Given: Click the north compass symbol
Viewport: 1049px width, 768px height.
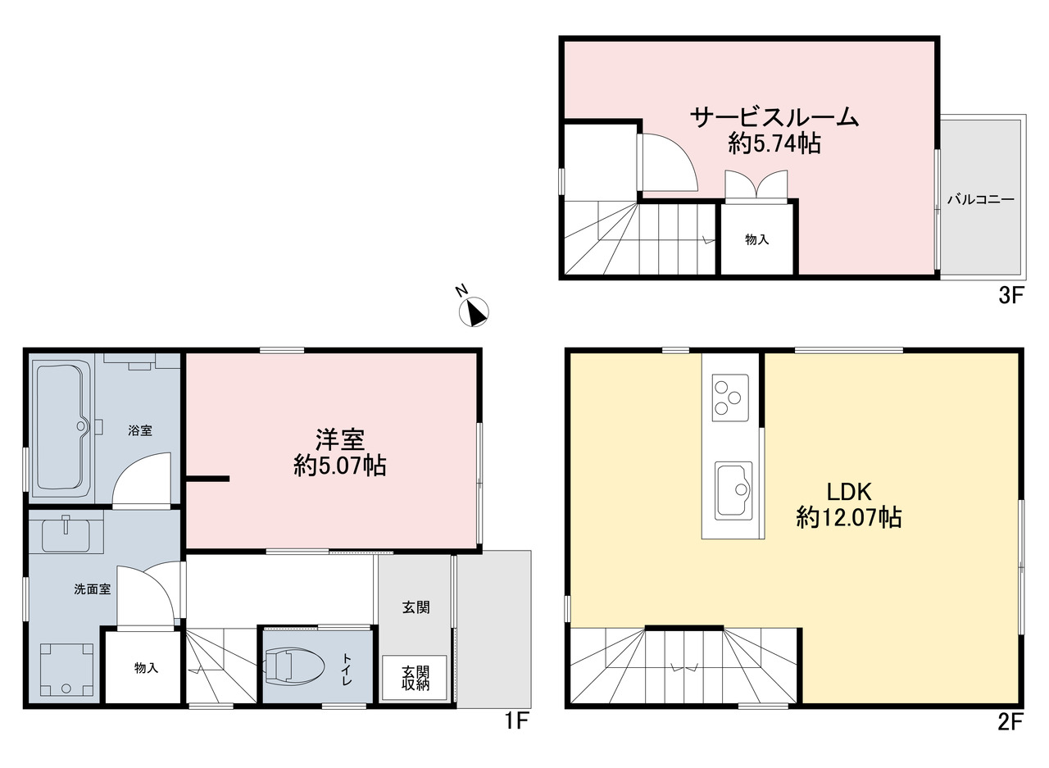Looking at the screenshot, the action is tap(474, 311).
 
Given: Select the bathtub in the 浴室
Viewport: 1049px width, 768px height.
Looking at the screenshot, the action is tap(62, 426).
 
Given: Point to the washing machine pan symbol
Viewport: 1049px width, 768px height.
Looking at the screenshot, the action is tap(66, 670).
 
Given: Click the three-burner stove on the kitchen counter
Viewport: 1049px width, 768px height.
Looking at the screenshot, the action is tap(730, 398).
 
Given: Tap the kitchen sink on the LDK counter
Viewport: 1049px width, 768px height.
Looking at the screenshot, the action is tap(733, 491).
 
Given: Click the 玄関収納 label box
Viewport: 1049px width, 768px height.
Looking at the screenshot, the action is tap(415, 678).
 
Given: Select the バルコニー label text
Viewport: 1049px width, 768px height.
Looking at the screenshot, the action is tap(981, 199).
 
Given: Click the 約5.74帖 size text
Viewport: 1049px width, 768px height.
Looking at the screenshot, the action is tap(774, 143).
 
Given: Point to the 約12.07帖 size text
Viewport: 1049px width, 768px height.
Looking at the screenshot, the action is tap(848, 517).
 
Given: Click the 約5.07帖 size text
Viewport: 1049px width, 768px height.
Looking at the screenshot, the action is tap(340, 466).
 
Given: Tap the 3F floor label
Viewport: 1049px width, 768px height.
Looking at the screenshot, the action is tap(1011, 296).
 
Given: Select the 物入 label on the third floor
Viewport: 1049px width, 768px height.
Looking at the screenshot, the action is tap(756, 239).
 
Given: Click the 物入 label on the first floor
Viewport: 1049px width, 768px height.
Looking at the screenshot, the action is tap(146, 668).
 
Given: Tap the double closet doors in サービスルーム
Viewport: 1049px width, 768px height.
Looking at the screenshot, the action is tap(756, 186).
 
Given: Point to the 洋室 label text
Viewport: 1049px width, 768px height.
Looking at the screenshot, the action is tap(340, 439).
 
